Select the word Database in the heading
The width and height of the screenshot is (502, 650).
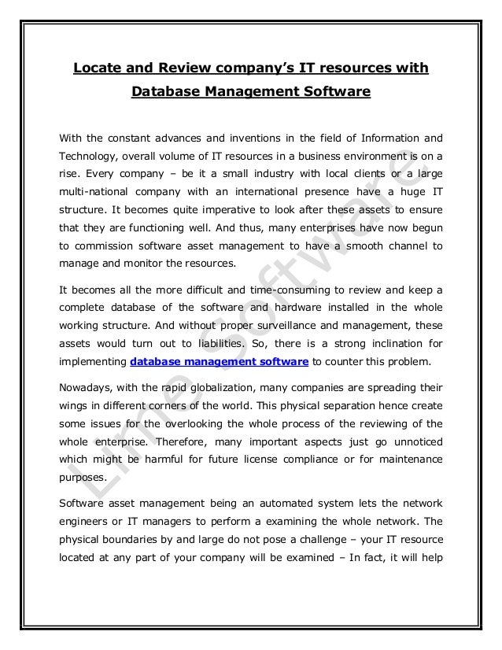[165, 94]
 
